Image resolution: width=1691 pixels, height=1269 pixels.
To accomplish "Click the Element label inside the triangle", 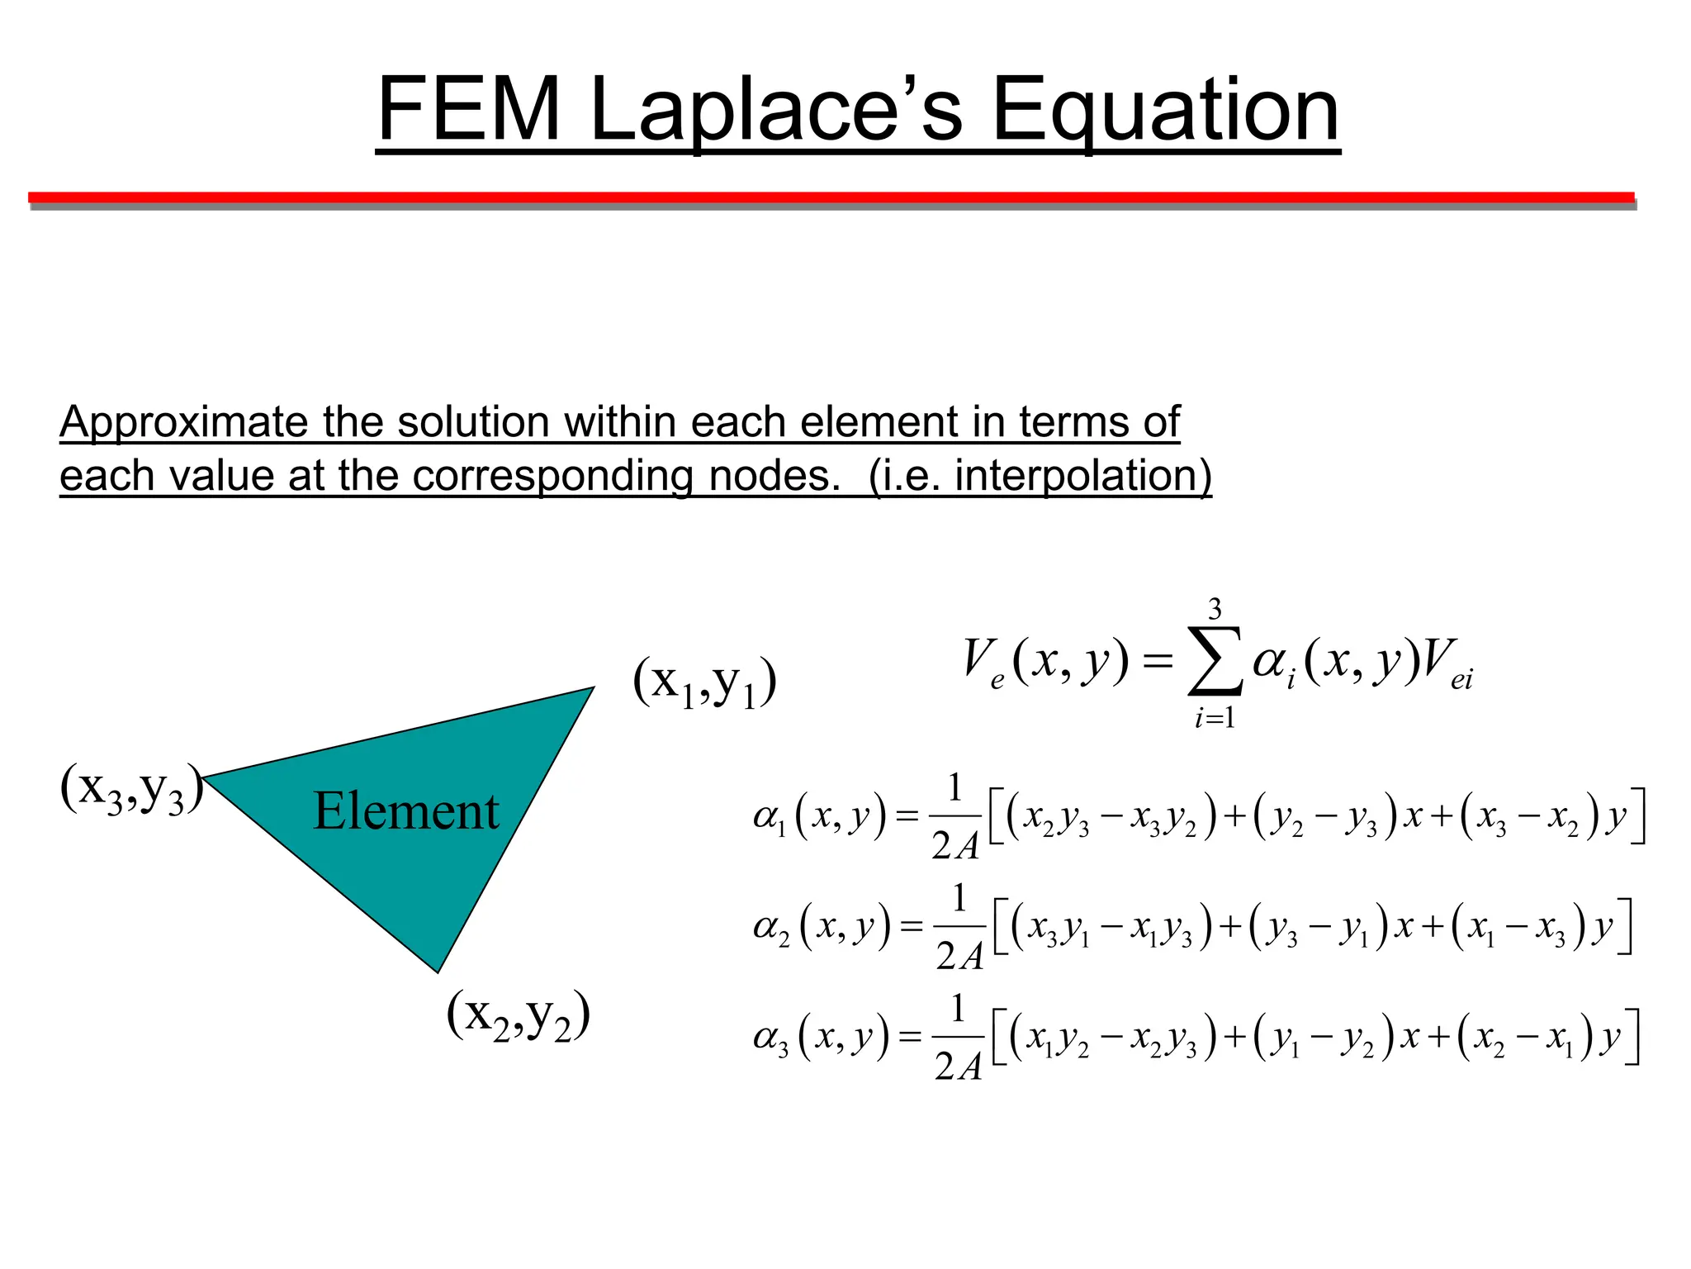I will [x=406, y=811].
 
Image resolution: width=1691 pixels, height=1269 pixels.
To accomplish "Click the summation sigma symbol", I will [x=1215, y=662].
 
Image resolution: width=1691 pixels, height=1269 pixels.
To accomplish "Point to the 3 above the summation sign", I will [x=1215, y=610].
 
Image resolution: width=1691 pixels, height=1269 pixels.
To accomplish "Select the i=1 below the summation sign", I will [x=1215, y=718].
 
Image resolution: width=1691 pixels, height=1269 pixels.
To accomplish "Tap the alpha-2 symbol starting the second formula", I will [x=771, y=928].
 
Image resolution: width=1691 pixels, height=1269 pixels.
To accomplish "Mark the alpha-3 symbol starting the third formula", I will [x=771, y=1038].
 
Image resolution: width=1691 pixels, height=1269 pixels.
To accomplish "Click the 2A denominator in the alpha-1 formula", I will [x=955, y=846].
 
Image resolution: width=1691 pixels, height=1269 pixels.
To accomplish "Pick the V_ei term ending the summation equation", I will [x=1447, y=664].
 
